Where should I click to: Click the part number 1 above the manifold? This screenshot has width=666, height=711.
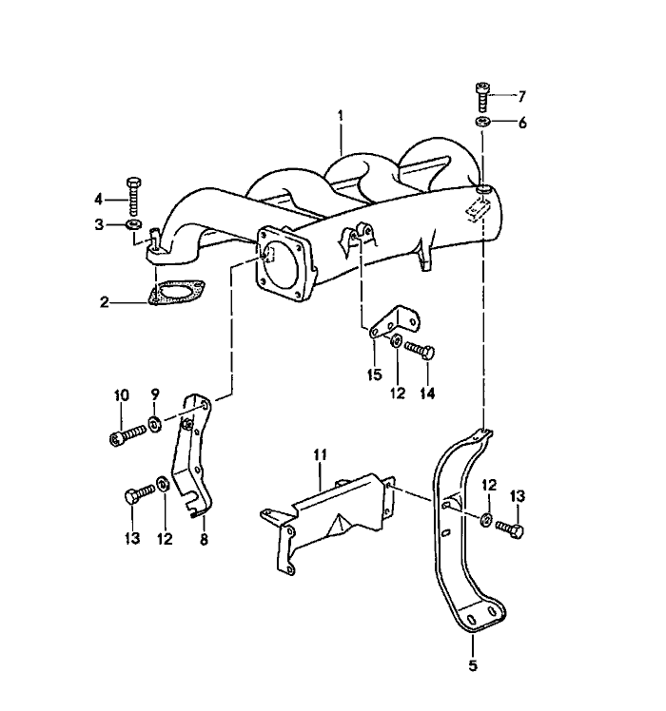coord(340,117)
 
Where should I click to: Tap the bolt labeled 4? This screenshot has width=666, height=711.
coord(132,199)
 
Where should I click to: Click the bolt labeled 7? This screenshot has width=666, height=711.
coord(483,96)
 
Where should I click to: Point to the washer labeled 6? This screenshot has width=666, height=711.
coord(482,123)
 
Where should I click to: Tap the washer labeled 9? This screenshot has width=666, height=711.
coord(154,421)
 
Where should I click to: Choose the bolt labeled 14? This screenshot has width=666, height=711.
coord(420,350)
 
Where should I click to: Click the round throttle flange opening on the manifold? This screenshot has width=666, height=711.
coord(282,259)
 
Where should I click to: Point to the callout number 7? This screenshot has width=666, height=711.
coord(520,96)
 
